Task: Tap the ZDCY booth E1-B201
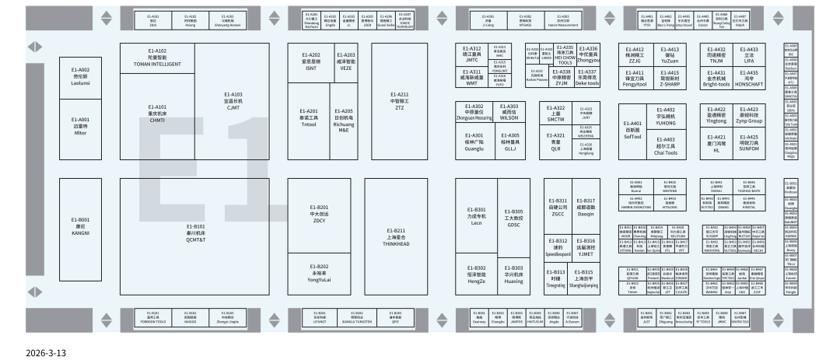coord(319,215)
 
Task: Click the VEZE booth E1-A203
coord(346,60)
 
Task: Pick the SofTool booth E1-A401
coord(633,130)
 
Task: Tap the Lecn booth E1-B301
coord(477,215)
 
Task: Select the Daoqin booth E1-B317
coord(585,206)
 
